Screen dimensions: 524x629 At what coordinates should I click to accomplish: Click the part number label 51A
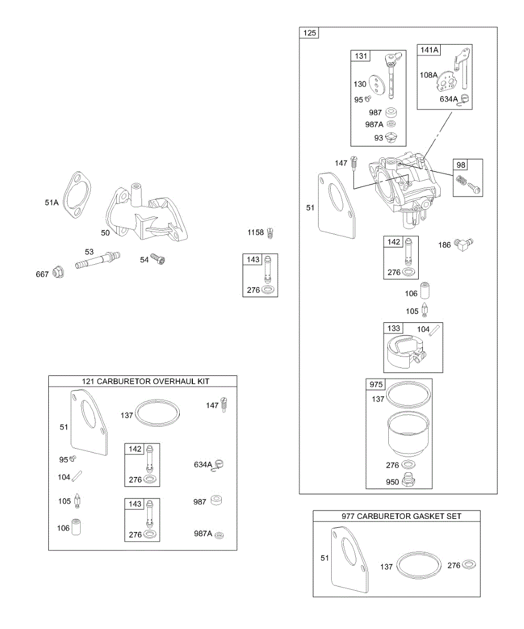coord(51,203)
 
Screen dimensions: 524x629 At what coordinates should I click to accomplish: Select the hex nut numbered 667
coord(58,273)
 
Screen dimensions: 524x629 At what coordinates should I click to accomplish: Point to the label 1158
coord(255,233)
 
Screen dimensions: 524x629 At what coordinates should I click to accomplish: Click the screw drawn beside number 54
coord(158,259)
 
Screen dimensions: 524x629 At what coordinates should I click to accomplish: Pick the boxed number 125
coord(310,33)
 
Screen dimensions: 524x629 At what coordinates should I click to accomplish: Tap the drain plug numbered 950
coord(408,481)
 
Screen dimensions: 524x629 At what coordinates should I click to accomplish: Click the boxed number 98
coord(461,165)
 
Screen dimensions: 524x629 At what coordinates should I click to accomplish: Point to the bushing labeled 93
coord(391,138)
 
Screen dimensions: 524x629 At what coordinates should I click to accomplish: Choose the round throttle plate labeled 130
coord(377,85)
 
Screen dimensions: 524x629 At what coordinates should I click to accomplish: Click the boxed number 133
coord(394,328)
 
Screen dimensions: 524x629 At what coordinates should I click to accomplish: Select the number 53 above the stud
coord(89,252)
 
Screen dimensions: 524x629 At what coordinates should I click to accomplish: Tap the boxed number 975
coord(376,384)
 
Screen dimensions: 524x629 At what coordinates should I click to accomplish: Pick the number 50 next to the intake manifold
coord(105,233)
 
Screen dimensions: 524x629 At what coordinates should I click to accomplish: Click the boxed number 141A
coord(429,50)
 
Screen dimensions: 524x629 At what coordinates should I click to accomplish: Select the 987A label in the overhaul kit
coord(203,534)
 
